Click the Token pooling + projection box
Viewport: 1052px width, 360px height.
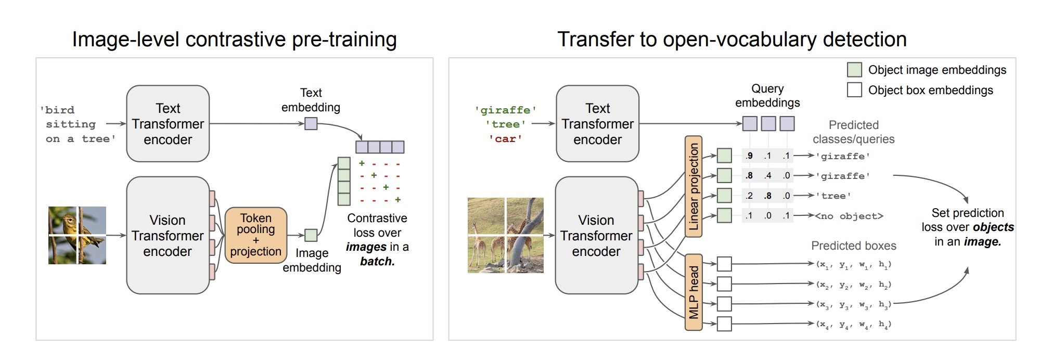point(255,235)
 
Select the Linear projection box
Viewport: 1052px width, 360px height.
point(694,187)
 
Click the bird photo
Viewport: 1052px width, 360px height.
point(77,235)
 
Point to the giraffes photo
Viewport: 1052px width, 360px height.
point(505,235)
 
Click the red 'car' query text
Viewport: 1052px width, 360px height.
point(505,139)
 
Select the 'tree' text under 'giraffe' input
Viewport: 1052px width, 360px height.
point(505,124)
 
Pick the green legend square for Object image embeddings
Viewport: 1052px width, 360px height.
point(854,70)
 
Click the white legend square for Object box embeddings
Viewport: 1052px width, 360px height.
point(854,90)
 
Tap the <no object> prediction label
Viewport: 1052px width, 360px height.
point(849,216)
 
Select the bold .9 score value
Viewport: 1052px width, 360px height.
point(749,156)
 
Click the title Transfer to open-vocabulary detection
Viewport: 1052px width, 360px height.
point(732,40)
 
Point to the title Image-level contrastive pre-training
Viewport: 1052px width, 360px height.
point(234,40)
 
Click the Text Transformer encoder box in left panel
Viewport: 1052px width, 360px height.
point(168,124)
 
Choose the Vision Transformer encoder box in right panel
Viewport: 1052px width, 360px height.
point(596,235)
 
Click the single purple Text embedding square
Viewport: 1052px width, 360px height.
point(311,124)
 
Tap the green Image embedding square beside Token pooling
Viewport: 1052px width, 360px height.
point(311,235)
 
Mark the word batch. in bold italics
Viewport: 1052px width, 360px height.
point(377,261)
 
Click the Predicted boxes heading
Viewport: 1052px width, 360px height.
point(853,246)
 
